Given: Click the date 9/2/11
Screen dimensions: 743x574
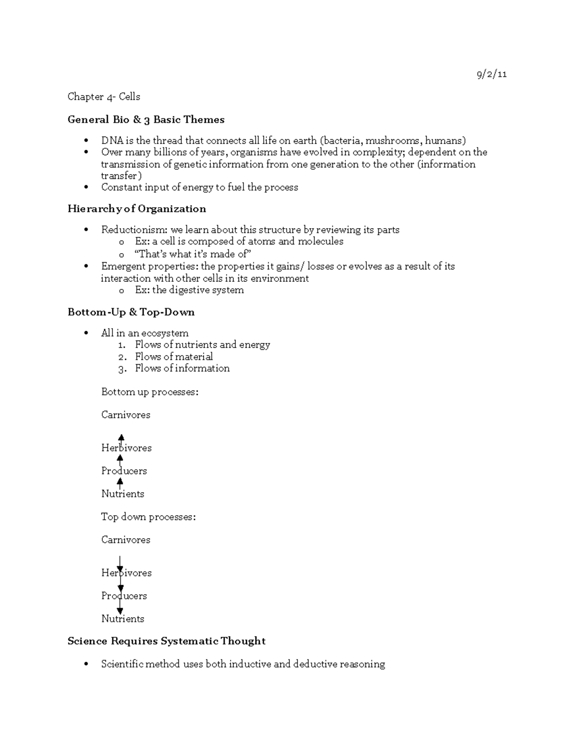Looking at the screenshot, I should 491,74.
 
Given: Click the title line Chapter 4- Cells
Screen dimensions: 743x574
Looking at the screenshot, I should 104,97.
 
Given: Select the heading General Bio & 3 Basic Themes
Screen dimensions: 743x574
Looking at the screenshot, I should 146,120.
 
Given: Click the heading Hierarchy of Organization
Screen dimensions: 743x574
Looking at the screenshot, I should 137,209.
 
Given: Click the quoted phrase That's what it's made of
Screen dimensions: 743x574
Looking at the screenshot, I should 193,254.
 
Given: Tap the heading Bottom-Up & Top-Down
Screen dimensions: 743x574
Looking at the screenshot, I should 131,312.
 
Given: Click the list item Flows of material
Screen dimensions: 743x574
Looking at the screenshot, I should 174,356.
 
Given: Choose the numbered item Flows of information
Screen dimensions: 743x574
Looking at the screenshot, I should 182,368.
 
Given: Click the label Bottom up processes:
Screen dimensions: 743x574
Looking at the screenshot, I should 150,392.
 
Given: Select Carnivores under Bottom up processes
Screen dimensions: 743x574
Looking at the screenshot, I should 126,415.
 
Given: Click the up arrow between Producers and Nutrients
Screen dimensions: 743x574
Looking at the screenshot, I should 120,482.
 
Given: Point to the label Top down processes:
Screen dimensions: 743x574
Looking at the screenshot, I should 148,517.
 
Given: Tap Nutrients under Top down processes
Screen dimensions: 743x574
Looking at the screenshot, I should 122,619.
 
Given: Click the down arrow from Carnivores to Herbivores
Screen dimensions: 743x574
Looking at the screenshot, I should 120,565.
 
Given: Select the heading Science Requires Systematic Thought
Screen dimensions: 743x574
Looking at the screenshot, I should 166,641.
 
